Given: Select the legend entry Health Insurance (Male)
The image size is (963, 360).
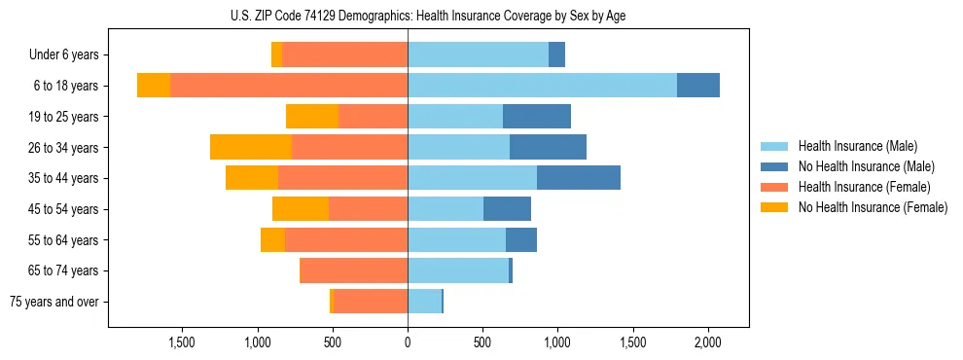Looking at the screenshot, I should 857,146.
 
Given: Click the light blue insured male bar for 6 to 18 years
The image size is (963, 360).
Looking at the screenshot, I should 542,86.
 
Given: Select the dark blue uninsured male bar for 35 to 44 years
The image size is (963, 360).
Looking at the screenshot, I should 578,178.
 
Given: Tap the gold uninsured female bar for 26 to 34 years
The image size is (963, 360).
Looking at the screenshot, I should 251,147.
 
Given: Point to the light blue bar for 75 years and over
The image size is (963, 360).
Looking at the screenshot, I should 424,302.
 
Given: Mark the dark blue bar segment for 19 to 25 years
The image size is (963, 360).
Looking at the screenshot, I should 536,117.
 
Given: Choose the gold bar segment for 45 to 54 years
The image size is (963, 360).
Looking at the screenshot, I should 301,209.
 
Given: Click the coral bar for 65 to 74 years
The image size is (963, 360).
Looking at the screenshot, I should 354,270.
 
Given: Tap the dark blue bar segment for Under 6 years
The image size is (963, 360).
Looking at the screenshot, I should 556,54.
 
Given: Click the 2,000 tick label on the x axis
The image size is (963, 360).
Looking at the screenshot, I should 707,342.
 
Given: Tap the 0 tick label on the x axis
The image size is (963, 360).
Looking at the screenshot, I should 408,342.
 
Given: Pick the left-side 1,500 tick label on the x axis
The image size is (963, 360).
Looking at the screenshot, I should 183,342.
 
